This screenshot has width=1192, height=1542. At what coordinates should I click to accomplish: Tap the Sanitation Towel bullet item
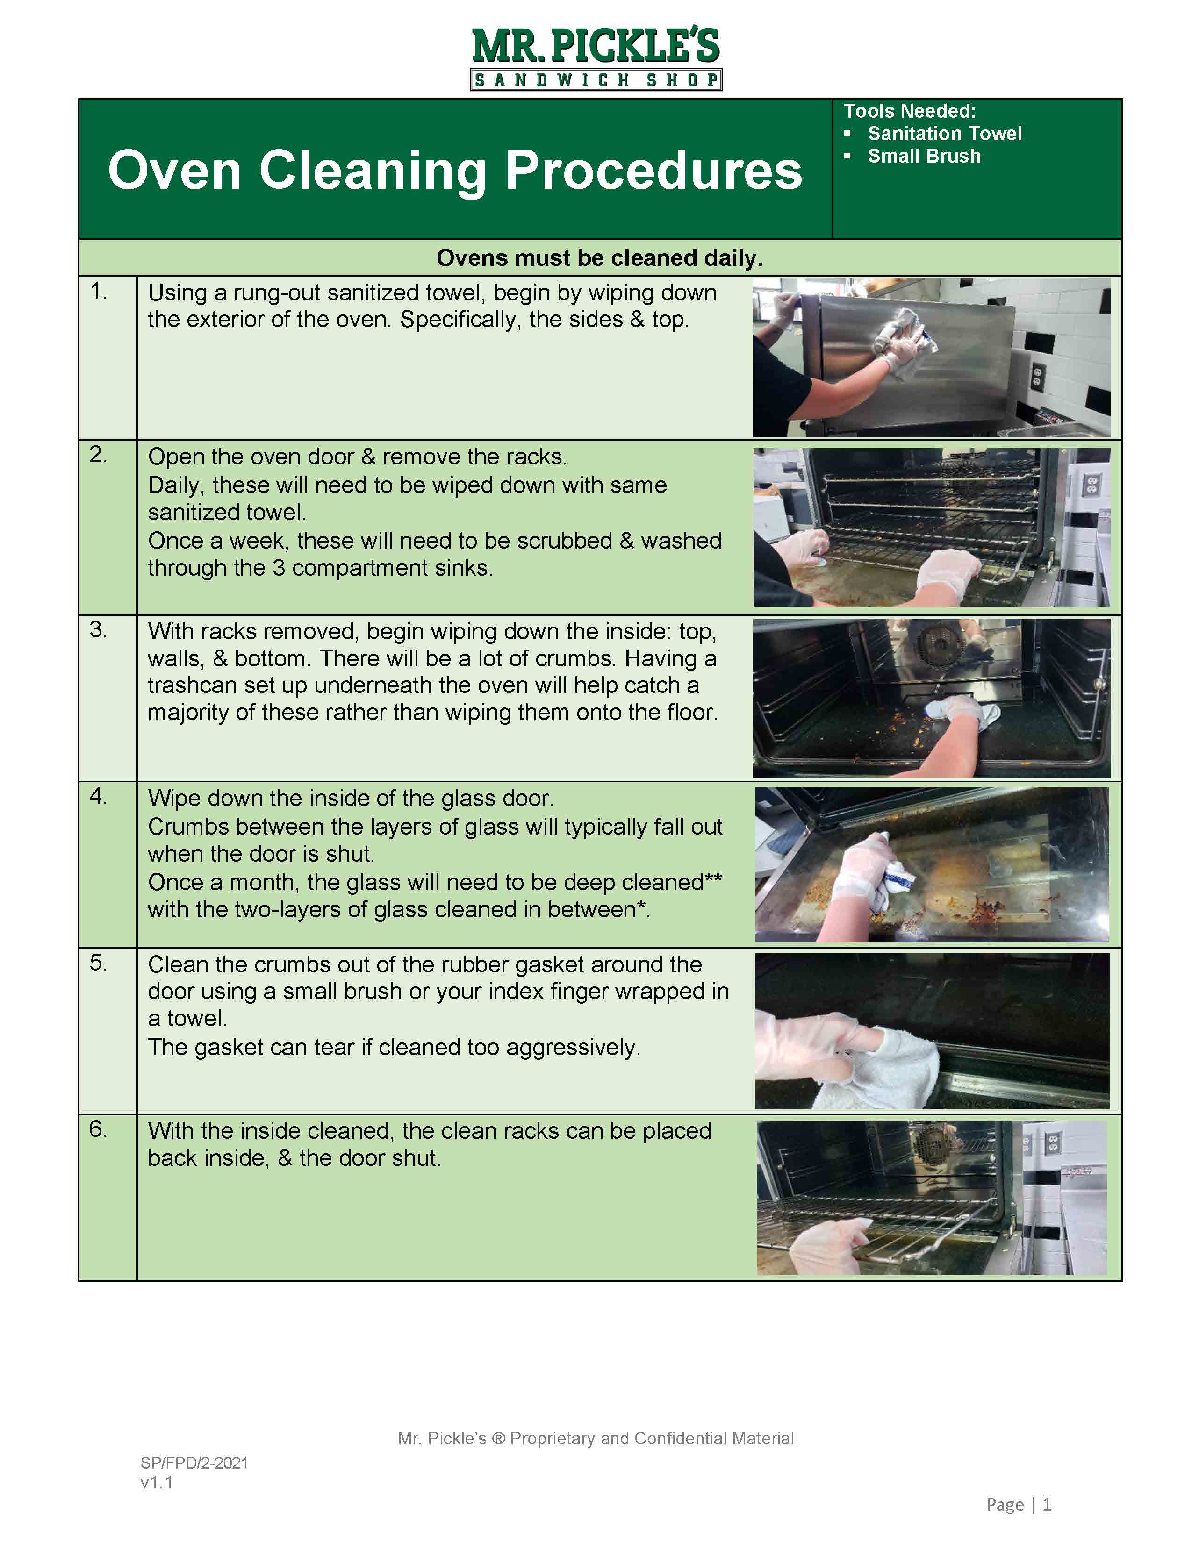tap(944, 134)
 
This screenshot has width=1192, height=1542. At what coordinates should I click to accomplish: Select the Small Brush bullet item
tap(924, 156)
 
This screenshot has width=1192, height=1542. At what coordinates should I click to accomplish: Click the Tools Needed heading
tap(910, 111)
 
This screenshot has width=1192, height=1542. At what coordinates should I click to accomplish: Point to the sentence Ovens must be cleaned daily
tap(600, 258)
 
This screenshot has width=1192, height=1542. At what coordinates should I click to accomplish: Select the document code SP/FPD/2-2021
tap(194, 1463)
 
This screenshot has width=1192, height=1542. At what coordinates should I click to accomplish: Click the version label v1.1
tap(156, 1482)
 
